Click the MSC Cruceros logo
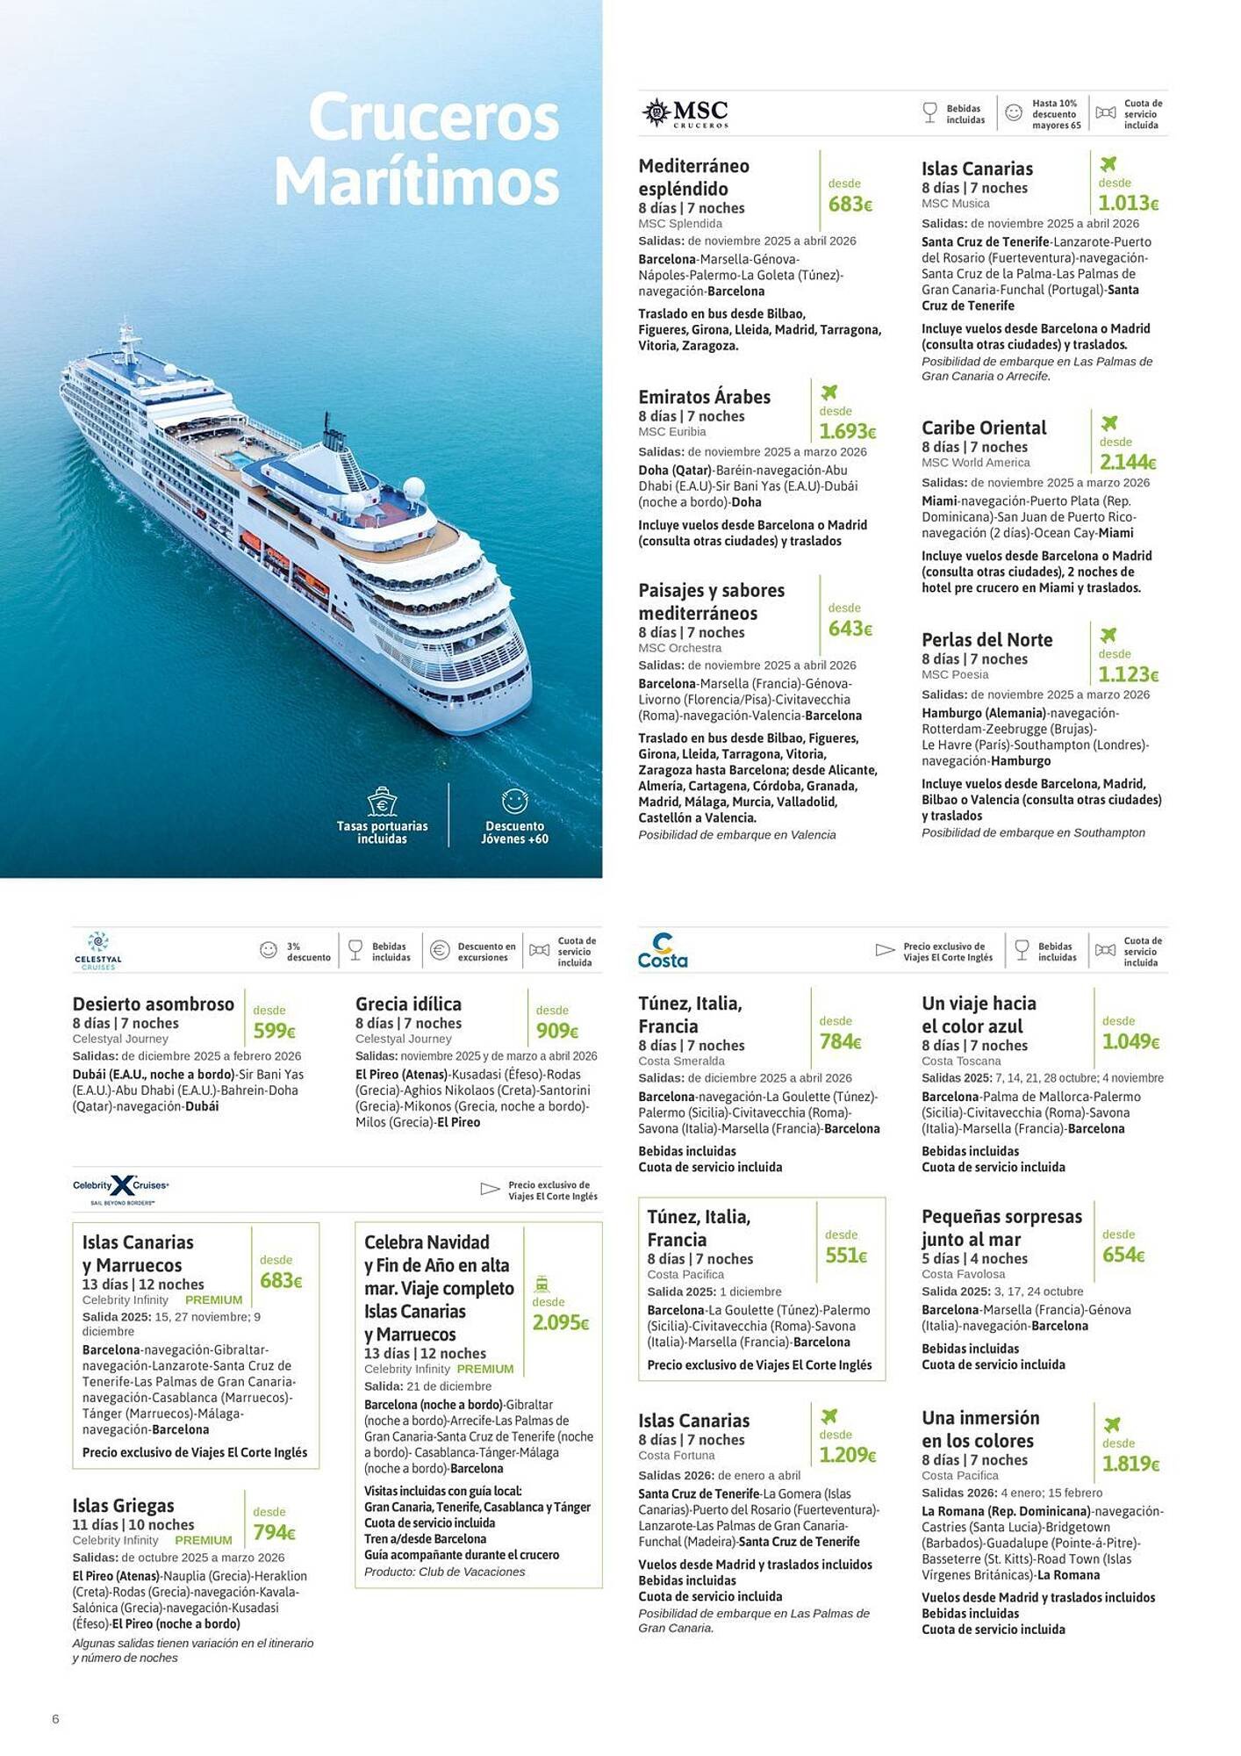[686, 113]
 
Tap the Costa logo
[663, 950]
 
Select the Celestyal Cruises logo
[98, 950]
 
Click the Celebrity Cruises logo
[121, 1188]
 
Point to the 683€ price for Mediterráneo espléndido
[850, 205]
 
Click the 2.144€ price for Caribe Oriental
[1128, 462]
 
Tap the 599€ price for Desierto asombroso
[274, 1032]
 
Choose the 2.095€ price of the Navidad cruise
[560, 1323]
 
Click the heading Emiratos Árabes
[704, 397]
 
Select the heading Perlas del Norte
[986, 640]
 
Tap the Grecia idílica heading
[408, 1004]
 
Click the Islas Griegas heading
[123, 1506]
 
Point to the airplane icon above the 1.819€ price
[1112, 1424]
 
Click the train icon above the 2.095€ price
[542, 1283]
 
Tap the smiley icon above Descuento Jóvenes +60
[514, 801]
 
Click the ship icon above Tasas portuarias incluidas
[382, 801]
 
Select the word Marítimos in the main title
[417, 183]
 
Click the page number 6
[55, 1719]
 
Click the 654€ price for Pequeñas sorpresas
[1123, 1256]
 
